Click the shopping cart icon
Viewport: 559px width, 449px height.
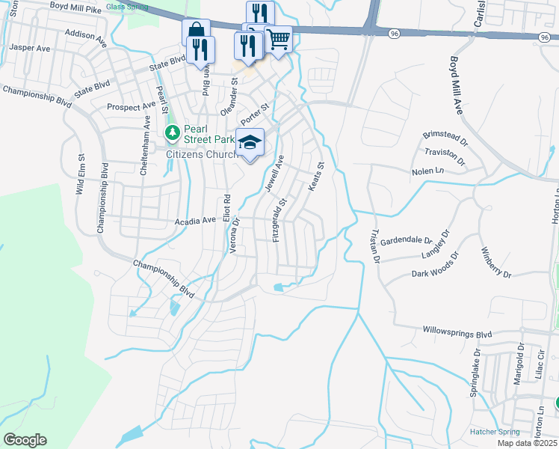[x=278, y=38]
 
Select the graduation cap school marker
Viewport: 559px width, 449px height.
[x=250, y=142]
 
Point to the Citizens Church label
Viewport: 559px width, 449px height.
[x=199, y=153]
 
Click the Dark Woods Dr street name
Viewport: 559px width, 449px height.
[x=432, y=274]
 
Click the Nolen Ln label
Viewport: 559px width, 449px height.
[x=427, y=171]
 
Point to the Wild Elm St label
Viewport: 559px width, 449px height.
[x=79, y=175]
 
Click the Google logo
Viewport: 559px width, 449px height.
[x=24, y=440]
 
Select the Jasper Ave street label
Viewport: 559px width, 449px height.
[x=29, y=47]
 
